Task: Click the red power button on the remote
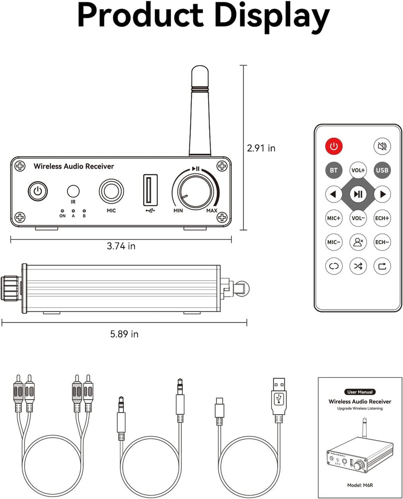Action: click(334, 147)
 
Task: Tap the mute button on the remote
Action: click(382, 147)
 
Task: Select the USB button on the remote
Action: click(382, 170)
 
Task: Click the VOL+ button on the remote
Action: click(358, 170)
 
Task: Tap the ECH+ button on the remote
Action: click(382, 218)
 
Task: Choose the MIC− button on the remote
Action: click(334, 242)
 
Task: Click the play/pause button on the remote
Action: click(358, 194)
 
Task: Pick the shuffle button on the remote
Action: click(358, 266)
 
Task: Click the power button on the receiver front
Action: click(36, 191)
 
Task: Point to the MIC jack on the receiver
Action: click(111, 191)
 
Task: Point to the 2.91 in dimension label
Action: click(261, 148)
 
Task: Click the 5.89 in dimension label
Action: click(124, 334)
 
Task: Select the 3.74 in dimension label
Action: click(121, 246)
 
